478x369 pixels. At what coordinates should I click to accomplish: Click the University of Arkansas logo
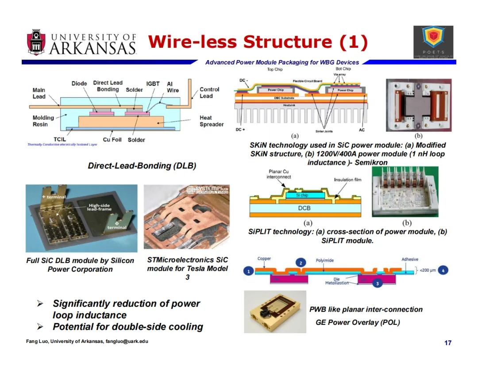81,43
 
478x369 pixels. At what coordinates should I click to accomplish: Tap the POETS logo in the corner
433,42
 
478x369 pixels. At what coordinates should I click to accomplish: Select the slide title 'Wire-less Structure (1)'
258,42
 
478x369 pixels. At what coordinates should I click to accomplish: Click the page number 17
448,343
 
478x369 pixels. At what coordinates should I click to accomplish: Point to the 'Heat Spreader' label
212,121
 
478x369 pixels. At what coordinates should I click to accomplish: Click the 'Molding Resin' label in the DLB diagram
43,121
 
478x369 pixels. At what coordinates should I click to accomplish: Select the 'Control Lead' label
209,93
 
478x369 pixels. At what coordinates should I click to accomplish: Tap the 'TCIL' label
59,140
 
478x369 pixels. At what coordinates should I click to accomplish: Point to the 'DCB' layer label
305,208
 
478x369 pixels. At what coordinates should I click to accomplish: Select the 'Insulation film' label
350,180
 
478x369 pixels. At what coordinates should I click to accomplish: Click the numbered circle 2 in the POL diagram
301,263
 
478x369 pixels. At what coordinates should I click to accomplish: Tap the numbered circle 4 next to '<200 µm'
445,270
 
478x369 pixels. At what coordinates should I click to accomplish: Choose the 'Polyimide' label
324,260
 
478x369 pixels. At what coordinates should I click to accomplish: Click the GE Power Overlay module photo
275,312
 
